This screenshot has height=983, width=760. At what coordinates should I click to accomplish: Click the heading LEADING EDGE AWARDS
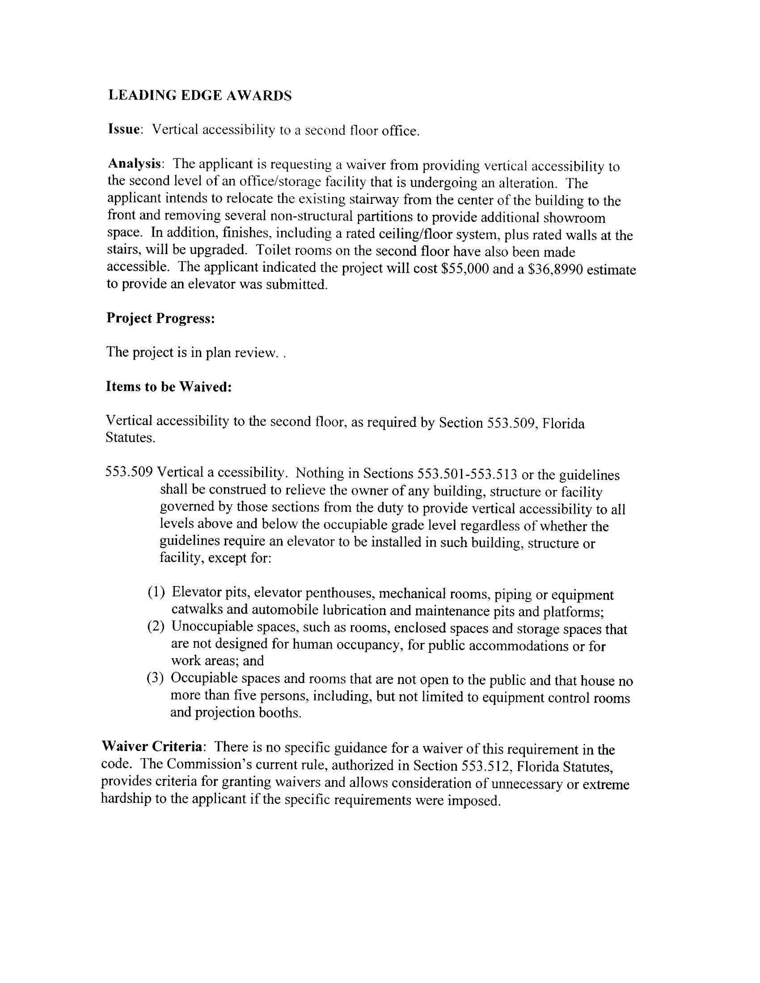click(x=200, y=95)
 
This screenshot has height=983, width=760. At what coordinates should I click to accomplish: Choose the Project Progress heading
click(x=160, y=318)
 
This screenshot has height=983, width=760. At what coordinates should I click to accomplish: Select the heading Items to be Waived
click(x=169, y=387)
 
